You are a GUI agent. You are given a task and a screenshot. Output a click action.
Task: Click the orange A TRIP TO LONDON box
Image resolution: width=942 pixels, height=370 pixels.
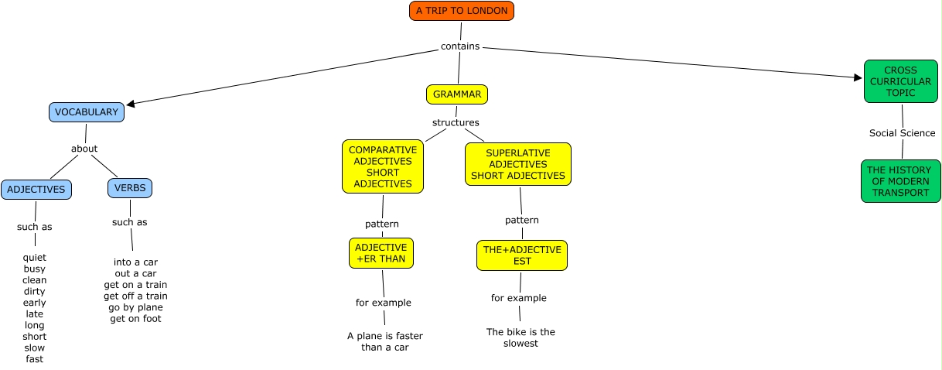tap(461, 11)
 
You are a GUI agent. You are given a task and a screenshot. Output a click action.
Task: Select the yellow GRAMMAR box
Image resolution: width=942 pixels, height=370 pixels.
tap(457, 94)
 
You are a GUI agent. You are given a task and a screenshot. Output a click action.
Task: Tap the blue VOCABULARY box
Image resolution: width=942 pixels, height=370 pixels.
tap(87, 112)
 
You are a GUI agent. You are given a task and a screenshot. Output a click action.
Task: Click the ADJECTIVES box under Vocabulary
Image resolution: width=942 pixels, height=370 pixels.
tap(36, 190)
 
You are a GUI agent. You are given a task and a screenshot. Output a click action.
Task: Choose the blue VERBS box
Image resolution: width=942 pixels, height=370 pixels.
tap(130, 188)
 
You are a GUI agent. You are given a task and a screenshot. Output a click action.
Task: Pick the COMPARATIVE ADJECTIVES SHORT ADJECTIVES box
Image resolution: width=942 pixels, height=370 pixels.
tap(383, 166)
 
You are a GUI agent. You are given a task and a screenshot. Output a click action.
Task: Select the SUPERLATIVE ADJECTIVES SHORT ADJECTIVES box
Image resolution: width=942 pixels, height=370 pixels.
tap(518, 164)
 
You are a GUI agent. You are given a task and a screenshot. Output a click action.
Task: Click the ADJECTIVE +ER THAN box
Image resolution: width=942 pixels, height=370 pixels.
tap(381, 253)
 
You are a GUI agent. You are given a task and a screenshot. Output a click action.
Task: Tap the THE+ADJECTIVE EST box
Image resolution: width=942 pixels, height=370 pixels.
tap(522, 255)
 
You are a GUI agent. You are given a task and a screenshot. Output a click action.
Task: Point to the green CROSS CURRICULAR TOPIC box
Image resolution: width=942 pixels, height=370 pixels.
tap(901, 81)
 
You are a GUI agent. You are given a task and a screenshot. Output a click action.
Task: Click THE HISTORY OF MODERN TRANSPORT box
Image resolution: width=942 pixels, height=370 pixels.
tap(901, 181)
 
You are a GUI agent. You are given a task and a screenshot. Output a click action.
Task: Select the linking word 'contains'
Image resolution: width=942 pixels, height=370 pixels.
tap(460, 46)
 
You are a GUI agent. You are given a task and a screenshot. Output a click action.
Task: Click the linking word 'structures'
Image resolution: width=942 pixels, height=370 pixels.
tap(456, 122)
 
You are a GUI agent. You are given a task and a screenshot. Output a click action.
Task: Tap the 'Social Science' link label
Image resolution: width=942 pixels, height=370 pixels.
tap(902, 133)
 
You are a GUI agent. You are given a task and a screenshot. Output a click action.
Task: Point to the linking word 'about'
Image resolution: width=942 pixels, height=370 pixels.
tap(84, 149)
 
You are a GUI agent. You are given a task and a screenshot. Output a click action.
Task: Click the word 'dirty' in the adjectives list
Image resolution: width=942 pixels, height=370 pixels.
tap(35, 291)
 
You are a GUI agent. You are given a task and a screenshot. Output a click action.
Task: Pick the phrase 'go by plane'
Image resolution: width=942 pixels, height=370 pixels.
tap(135, 307)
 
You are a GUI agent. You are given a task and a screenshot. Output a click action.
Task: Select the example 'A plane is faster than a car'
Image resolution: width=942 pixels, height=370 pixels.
tap(385, 341)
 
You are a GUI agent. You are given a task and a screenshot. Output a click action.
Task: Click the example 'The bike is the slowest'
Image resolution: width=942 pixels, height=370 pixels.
tap(520, 337)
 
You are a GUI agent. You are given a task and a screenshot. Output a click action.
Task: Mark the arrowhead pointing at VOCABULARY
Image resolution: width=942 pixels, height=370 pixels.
tap(131, 104)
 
